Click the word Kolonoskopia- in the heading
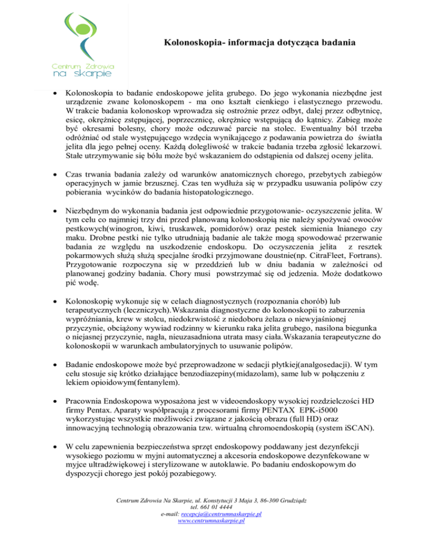tap(192, 42)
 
